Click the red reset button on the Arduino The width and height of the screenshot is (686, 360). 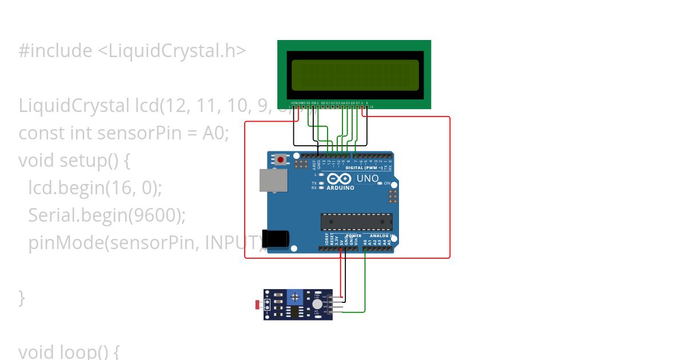pyautogui.click(x=280, y=160)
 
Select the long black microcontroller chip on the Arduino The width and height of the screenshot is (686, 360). pyautogui.click(x=357, y=222)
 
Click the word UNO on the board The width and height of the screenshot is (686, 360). pyautogui.click(x=368, y=178)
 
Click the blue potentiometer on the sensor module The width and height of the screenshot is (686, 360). pyautogui.click(x=294, y=297)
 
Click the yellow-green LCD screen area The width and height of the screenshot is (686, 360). pyautogui.click(x=354, y=75)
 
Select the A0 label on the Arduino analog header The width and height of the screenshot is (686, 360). pyautogui.click(x=365, y=242)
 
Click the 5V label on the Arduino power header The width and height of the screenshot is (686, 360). pyautogui.click(x=341, y=242)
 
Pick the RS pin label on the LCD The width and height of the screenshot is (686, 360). pyautogui.click(x=308, y=103)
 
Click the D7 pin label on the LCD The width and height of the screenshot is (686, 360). pyautogui.click(x=357, y=103)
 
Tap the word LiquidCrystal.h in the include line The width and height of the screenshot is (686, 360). pyautogui.click(x=171, y=51)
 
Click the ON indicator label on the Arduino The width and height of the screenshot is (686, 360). pyautogui.click(x=387, y=183)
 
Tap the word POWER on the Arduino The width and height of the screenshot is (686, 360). pyautogui.click(x=354, y=235)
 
